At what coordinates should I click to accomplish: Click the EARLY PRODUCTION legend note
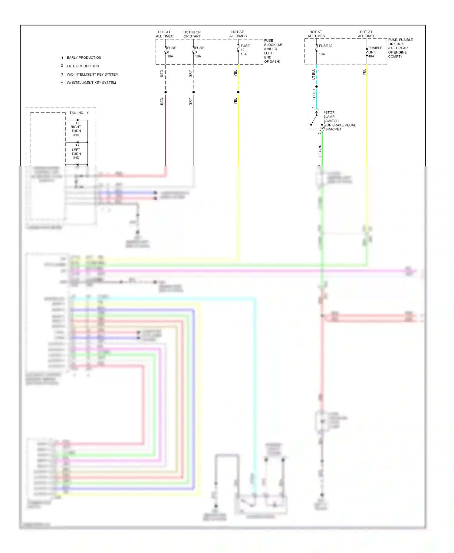[x=84, y=57]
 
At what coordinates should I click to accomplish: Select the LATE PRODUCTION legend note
[x=83, y=66]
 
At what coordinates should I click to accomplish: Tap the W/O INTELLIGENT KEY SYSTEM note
[x=92, y=74]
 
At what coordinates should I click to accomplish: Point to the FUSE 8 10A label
[x=171, y=52]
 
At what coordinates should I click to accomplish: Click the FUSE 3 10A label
[x=199, y=52]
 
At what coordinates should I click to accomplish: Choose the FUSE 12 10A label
[x=245, y=50]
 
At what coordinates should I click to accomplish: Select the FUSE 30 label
[x=325, y=46]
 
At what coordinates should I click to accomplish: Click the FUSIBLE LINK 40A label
[x=375, y=52]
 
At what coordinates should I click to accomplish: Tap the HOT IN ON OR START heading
[x=192, y=34]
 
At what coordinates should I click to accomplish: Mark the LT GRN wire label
[x=320, y=150]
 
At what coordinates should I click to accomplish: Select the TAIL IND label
[x=76, y=113]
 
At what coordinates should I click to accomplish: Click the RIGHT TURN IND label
[x=76, y=131]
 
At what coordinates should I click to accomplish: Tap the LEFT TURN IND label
[x=76, y=154]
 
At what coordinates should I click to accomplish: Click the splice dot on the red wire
[x=166, y=92]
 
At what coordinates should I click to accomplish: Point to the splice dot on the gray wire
[x=193, y=92]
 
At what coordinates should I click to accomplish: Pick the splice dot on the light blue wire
[x=317, y=87]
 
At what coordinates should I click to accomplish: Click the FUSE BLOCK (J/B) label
[x=273, y=51]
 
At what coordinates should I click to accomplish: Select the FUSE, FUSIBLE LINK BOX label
[x=400, y=48]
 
